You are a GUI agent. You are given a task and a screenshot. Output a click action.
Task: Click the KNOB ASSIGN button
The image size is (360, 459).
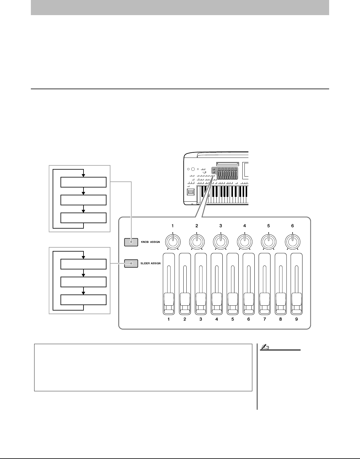[131, 242]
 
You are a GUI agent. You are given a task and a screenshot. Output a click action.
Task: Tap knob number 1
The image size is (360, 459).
[172, 241]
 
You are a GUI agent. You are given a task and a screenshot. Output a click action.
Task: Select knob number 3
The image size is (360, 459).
[221, 241]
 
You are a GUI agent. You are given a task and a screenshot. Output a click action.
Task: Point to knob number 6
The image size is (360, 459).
[292, 241]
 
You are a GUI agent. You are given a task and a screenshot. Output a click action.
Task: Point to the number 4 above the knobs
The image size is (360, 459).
[244, 226]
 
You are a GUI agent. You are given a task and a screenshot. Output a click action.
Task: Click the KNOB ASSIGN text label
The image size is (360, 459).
[150, 242]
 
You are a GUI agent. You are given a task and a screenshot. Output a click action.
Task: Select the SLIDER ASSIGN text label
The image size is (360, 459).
[150, 264]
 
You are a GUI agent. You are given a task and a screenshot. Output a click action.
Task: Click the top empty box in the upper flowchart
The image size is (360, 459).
[83, 183]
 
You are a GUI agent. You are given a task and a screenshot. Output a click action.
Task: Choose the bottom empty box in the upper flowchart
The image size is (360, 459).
[83, 218]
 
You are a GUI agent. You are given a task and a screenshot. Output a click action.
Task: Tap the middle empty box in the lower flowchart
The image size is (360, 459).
[83, 282]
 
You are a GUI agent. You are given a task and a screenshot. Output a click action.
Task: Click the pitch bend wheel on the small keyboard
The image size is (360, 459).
[191, 193]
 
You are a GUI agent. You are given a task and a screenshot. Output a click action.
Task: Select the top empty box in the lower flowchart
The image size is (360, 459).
[83, 264]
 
